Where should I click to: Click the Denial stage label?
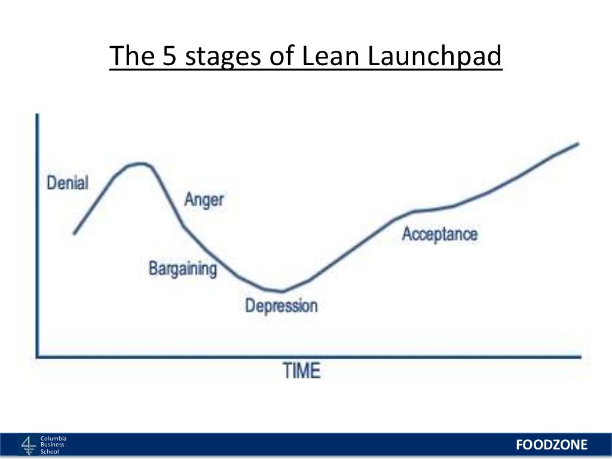[68, 183]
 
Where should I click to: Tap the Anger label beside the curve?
[204, 200]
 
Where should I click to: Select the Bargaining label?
[183, 269]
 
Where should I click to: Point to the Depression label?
[281, 305]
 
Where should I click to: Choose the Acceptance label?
[439, 234]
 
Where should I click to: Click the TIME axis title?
[301, 371]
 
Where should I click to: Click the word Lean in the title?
[331, 56]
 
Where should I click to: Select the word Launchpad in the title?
[434, 57]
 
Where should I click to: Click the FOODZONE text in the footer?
[552, 445]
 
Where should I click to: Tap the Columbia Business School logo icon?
[29, 445]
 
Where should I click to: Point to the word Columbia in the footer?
[53, 438]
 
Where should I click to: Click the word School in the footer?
[50, 452]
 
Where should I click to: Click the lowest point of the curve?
[282, 291]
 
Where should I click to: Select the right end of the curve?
[578, 143]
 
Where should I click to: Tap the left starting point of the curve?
[74, 234]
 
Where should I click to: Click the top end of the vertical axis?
[37, 114]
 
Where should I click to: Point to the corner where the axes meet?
[38, 357]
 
